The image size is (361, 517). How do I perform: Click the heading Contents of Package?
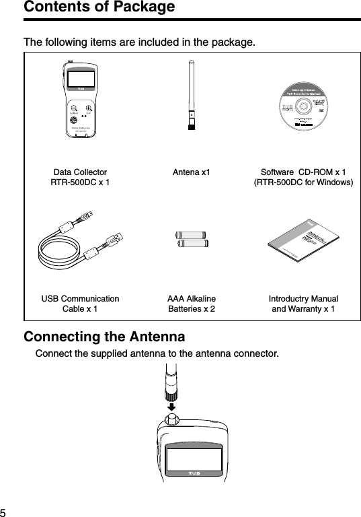coord(99,7)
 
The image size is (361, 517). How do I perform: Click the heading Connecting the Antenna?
coord(105,336)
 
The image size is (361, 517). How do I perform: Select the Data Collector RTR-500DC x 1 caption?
coord(79,177)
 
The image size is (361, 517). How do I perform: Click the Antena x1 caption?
coord(191,172)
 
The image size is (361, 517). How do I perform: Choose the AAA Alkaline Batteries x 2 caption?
coord(191,304)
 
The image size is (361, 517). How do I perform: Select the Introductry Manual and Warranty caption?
coord(303,304)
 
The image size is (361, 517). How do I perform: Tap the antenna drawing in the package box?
coord(191,94)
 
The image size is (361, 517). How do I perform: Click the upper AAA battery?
coord(191,236)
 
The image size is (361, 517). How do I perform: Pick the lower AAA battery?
coord(191,245)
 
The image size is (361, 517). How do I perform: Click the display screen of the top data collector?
coord(80,78)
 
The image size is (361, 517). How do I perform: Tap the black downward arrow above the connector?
coord(171,407)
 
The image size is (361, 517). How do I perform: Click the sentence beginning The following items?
coord(139,43)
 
